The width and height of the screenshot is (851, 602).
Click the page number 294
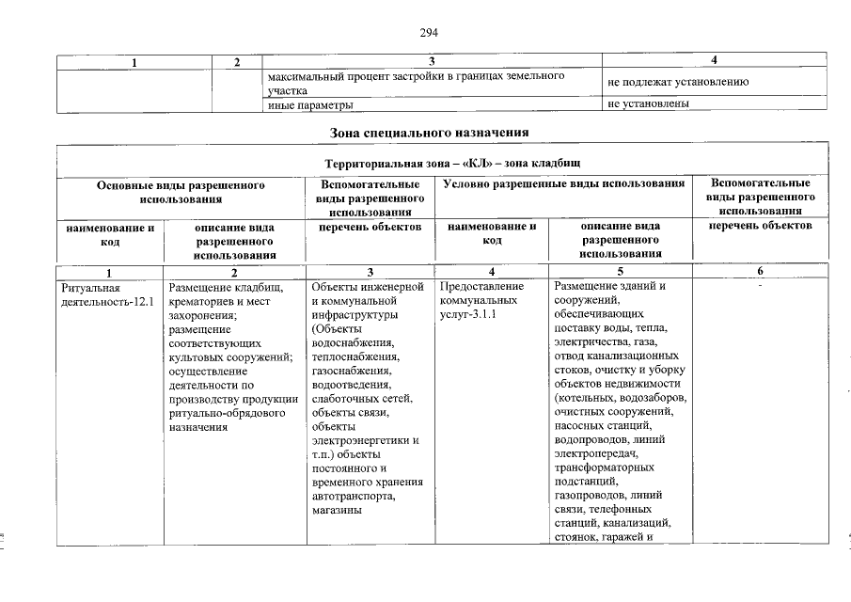pos(428,33)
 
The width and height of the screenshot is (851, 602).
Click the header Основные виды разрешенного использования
pos(181,192)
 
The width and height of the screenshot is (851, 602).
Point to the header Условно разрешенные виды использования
pos(563,185)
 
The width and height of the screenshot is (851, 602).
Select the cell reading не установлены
pos(649,103)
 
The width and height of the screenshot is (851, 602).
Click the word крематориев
pos(202,301)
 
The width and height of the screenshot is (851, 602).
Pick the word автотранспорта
pos(352,497)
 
